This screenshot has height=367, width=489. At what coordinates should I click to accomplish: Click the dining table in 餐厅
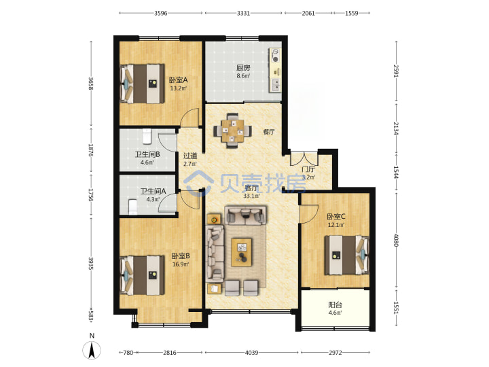233,130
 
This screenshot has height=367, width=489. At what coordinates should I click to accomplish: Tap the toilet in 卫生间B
147,136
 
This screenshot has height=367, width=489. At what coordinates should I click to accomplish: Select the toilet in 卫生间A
133,207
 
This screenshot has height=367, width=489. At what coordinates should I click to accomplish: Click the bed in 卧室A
143,84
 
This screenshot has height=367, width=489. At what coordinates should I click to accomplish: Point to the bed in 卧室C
347,256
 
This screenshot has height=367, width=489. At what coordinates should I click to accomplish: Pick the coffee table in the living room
241,252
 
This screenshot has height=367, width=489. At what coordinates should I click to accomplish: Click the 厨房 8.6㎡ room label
243,72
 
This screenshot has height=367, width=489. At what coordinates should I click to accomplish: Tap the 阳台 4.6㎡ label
336,309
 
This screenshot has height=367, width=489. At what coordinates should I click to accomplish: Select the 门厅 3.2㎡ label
308,173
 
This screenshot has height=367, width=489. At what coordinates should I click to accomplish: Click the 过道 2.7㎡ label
190,159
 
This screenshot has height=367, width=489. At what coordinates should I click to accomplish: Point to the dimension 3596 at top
161,13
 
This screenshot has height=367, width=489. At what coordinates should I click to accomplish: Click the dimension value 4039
251,353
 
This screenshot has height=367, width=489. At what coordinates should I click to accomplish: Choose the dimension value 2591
396,71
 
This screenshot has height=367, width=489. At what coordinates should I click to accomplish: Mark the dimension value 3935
91,264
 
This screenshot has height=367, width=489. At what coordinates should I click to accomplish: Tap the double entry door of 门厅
304,158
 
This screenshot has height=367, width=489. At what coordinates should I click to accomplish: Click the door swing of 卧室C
309,214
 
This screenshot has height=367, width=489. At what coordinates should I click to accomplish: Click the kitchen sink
276,84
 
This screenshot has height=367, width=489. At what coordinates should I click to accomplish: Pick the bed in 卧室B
143,275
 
